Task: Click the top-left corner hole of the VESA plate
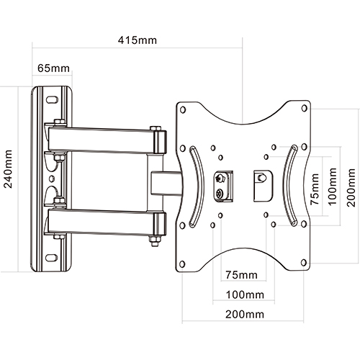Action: [183, 109]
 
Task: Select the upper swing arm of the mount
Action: [104, 138]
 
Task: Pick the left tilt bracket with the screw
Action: [223, 184]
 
